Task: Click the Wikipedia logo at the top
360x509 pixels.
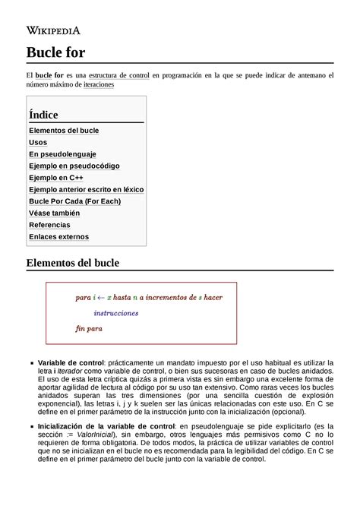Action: point(54,30)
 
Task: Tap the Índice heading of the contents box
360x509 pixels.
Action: point(43,114)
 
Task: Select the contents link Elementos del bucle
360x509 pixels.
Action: point(64,131)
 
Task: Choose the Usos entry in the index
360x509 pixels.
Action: point(38,142)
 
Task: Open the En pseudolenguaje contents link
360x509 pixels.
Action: point(62,154)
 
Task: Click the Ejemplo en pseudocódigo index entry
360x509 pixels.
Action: point(74,166)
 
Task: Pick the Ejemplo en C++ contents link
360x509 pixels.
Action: point(56,178)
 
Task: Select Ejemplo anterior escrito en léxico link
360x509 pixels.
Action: point(86,189)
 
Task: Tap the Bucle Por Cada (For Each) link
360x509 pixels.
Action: point(74,201)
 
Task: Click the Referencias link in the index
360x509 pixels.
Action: point(49,225)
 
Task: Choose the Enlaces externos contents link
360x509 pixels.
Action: point(58,237)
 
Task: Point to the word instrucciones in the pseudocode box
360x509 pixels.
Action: point(116,313)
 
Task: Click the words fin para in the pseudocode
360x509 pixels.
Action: point(89,328)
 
